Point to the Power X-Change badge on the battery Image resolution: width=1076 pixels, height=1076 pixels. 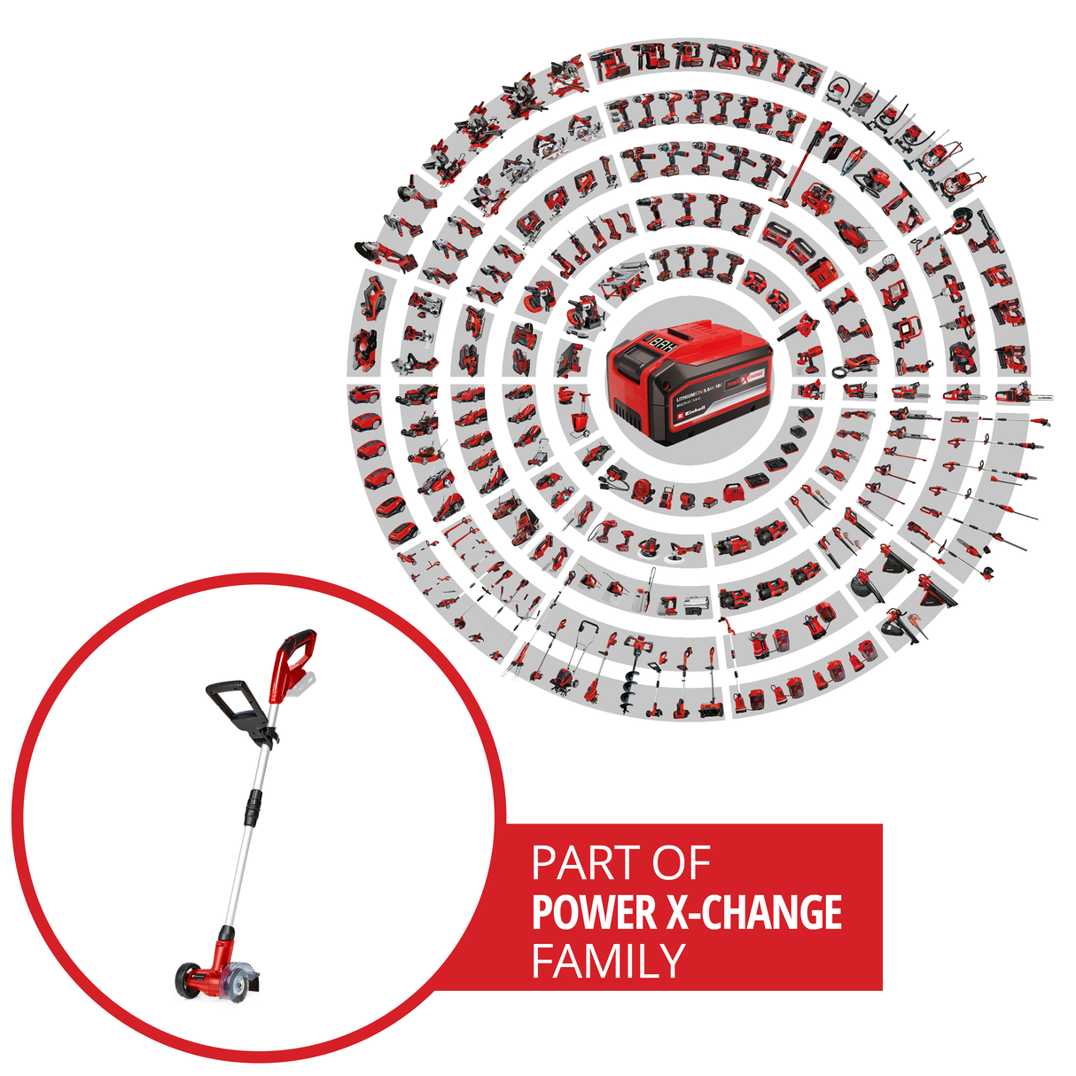click(745, 376)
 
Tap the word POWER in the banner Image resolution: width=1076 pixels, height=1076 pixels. click(594, 913)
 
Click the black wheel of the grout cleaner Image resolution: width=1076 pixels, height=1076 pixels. click(186, 979)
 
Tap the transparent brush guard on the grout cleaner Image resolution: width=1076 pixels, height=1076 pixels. click(241, 979)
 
